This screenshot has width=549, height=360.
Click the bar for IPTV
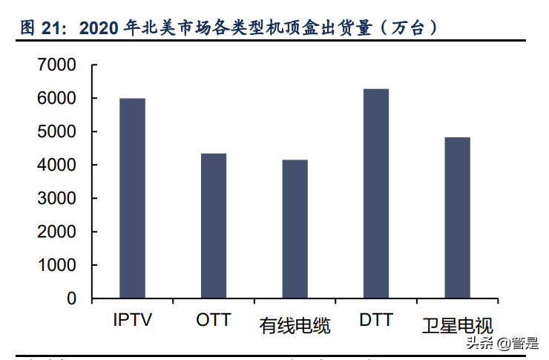point(133,198)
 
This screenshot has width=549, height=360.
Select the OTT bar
point(214,226)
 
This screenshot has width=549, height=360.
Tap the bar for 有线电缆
point(295,229)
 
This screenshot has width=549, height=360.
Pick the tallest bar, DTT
point(376,194)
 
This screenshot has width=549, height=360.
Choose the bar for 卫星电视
point(457,217)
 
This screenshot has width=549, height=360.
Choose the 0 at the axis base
point(71,299)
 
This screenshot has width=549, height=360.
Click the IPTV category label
point(133,321)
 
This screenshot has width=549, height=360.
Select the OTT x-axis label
point(214,321)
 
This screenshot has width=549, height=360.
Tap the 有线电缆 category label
point(295,325)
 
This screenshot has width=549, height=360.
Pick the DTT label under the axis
point(376,321)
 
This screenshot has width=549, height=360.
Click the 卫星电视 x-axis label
point(457,325)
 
